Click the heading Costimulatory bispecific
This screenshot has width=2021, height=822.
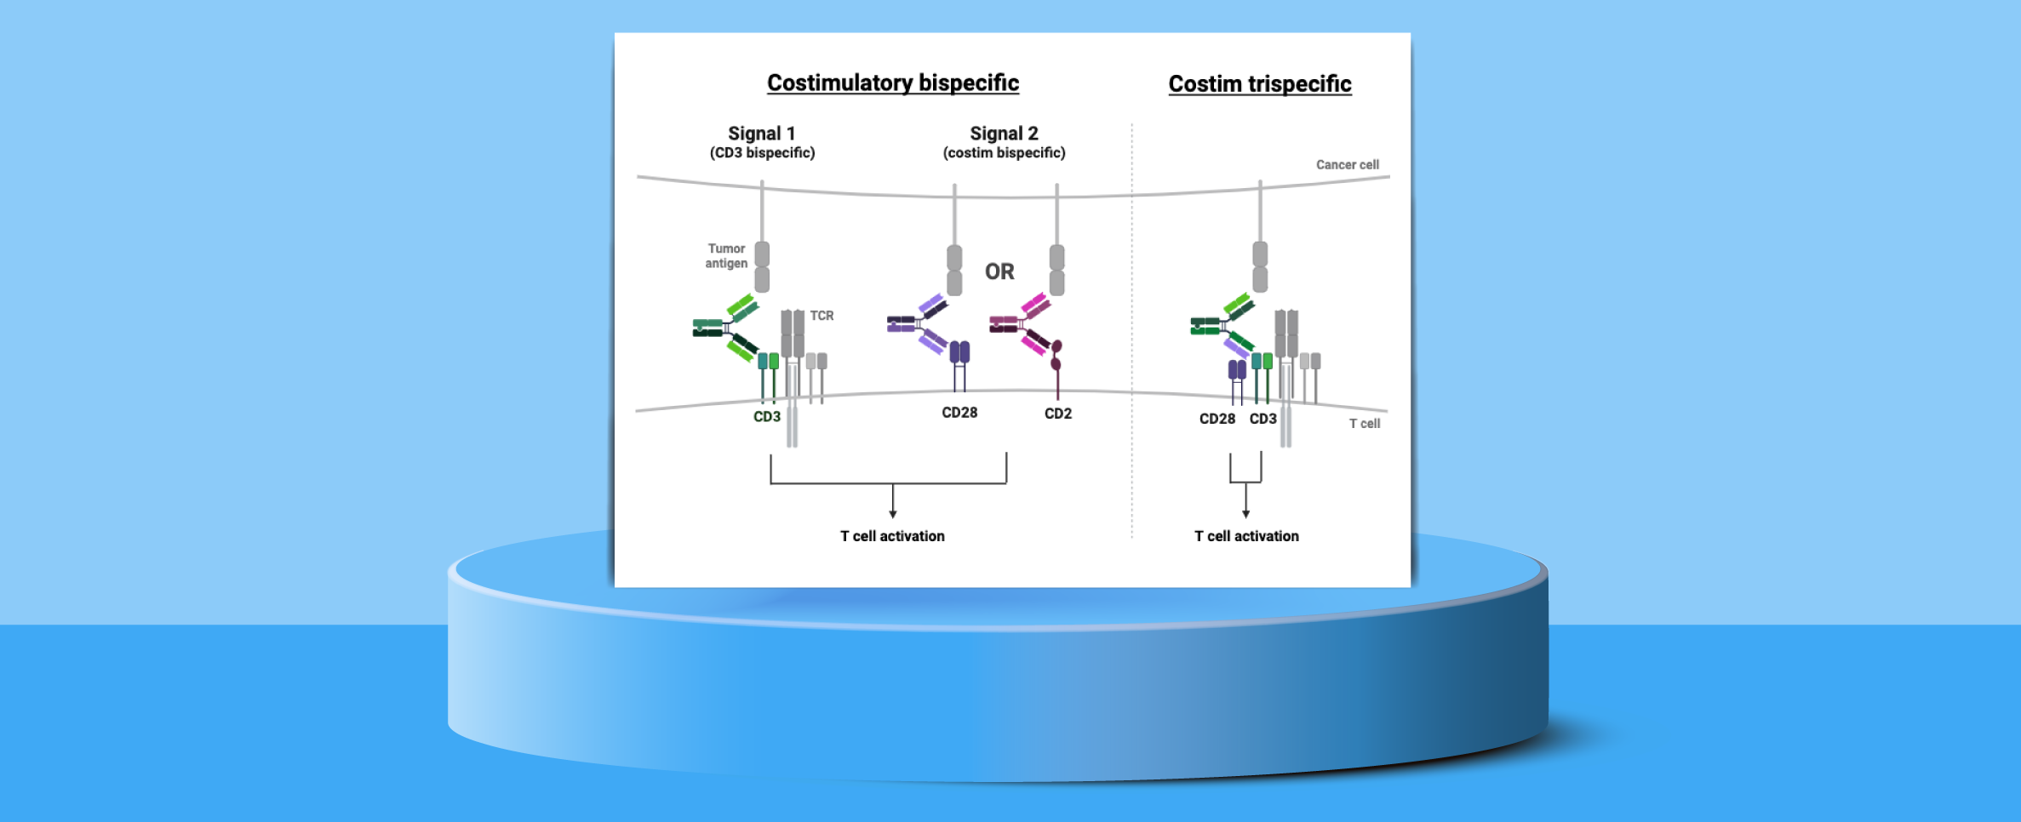tap(892, 83)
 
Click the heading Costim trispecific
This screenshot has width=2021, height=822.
tap(1259, 83)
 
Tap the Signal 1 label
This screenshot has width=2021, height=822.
tap(761, 134)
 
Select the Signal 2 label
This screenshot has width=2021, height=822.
tap(1004, 134)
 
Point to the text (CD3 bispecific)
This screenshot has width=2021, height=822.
tap(762, 153)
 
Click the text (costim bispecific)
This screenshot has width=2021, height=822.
tap(1004, 153)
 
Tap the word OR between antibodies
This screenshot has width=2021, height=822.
tap(999, 271)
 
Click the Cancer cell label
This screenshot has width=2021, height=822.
tap(1347, 165)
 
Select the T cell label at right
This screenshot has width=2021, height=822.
tap(1364, 424)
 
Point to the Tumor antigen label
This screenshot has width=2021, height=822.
tap(726, 256)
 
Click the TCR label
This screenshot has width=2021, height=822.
tap(822, 316)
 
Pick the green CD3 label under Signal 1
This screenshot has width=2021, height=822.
tap(766, 417)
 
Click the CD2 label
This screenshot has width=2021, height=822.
tap(1057, 414)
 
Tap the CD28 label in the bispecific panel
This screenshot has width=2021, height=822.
tap(959, 413)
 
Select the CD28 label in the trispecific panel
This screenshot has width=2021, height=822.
tap(1217, 419)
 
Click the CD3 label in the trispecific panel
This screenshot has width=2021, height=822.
tap(1262, 419)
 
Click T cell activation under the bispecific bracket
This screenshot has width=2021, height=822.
tap(892, 536)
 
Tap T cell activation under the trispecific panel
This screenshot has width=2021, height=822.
tap(1246, 536)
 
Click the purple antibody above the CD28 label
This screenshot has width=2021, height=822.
tap(920, 324)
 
